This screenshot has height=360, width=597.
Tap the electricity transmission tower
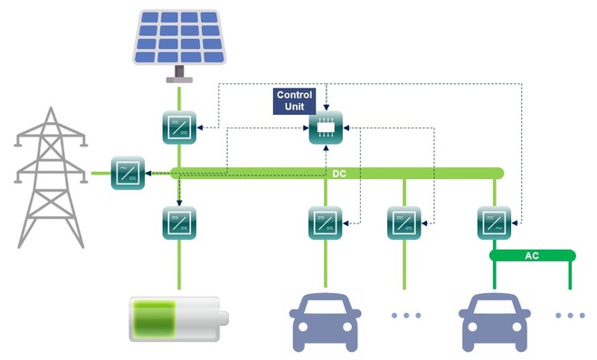pos(50,176)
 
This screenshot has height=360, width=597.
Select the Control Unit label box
pos(294,100)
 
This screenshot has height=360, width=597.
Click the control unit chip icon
pos(324,129)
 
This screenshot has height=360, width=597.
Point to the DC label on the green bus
pos(340,173)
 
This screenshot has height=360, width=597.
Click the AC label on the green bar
pos(532,256)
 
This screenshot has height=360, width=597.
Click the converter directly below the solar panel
pos(179,125)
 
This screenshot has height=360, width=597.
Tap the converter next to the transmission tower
pos(127,172)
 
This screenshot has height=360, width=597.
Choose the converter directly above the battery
pos(179,222)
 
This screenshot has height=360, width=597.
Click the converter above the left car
pos(324,222)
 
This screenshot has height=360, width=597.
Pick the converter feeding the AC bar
pos(494,222)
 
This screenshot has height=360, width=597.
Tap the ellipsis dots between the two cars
pos(407,316)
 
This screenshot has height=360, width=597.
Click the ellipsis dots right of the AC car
pos(570,316)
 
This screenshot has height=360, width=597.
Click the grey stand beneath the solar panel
pos(179,75)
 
